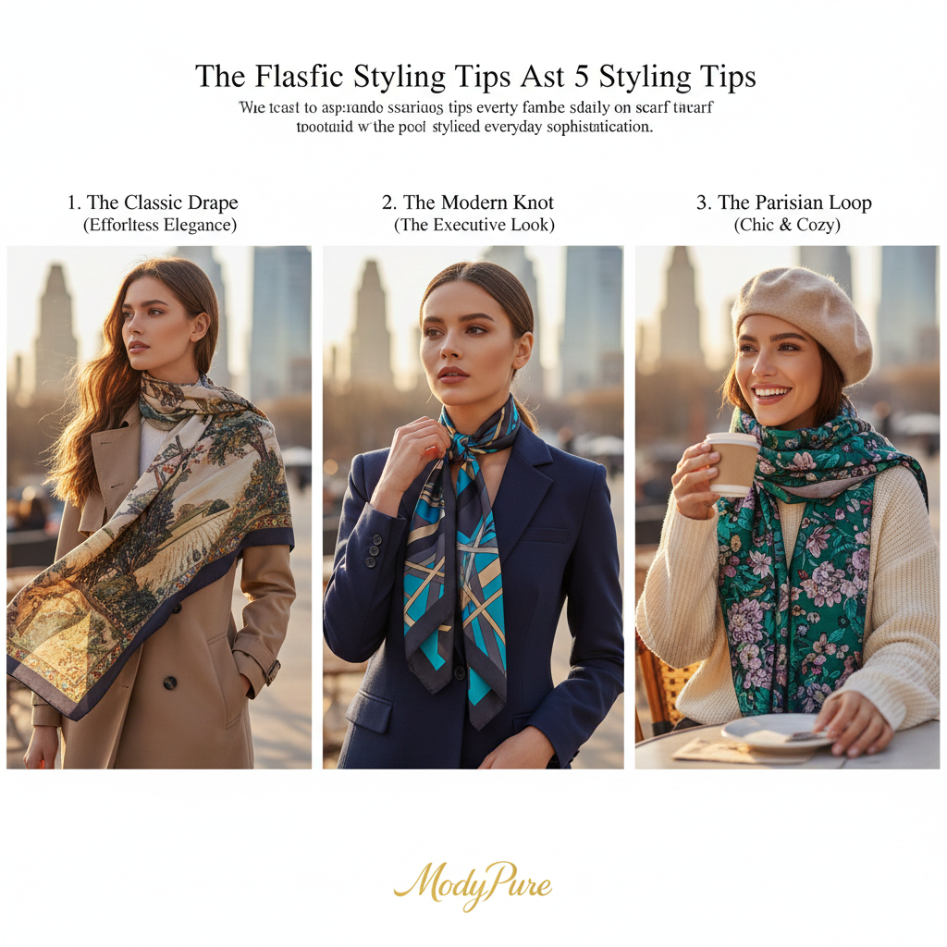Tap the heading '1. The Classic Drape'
pos(153,203)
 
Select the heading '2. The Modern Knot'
pos(468,203)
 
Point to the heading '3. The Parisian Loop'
pos(783,203)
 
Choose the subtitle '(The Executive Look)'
pos(473,225)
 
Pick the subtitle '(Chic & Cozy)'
pos(787,225)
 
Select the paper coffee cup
pos(732,463)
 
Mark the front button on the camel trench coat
pos(170,683)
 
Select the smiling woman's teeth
pos(770,390)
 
